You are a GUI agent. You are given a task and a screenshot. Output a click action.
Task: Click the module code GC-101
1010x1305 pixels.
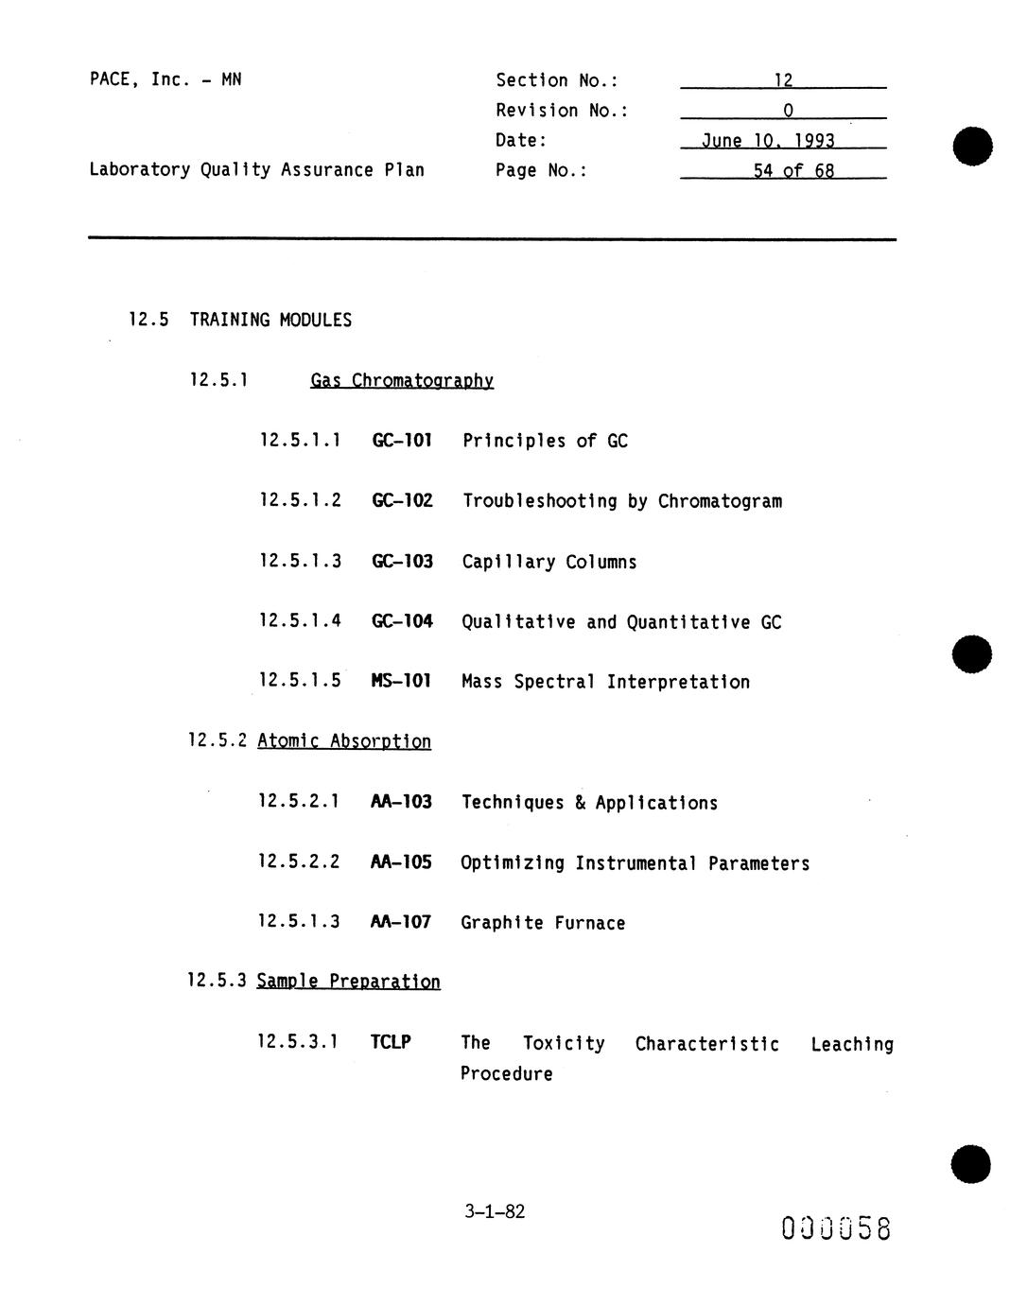[402, 441]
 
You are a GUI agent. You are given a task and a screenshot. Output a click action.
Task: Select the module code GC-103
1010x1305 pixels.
[402, 561]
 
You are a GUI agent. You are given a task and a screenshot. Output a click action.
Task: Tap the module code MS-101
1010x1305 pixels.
[401, 681]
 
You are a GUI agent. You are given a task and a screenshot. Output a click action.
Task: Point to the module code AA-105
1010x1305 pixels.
[401, 862]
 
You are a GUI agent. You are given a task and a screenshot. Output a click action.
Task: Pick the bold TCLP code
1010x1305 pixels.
[391, 1043]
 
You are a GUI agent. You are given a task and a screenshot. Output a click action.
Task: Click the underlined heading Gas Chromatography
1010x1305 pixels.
[402, 381]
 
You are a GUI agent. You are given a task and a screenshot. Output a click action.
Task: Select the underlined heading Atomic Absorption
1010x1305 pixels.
[344, 741]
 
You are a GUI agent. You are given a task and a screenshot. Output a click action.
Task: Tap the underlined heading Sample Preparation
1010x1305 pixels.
[348, 982]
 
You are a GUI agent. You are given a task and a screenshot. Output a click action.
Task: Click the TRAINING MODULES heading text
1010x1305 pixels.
[270, 320]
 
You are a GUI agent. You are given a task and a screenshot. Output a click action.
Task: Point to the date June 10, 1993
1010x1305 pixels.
[768, 141]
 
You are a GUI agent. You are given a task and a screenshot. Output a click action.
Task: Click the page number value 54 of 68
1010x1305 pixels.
[793, 171]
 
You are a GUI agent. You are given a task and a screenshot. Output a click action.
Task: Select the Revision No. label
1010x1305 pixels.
[562, 111]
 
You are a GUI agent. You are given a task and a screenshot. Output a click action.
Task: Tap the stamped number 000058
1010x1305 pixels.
[836, 1228]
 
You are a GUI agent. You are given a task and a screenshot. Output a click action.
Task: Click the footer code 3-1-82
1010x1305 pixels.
[495, 1211]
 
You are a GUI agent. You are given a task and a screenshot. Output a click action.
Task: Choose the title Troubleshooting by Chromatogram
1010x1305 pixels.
[621, 501]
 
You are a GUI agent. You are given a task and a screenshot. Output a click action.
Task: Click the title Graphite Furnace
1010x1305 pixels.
[543, 923]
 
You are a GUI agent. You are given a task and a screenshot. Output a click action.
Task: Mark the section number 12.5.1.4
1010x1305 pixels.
[300, 621]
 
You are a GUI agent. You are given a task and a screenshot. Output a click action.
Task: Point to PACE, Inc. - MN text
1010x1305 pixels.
[165, 79]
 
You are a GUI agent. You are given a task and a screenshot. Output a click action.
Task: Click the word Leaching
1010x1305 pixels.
[851, 1044]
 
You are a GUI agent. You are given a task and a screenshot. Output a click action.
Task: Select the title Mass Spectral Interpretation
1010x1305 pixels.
[605, 682]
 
